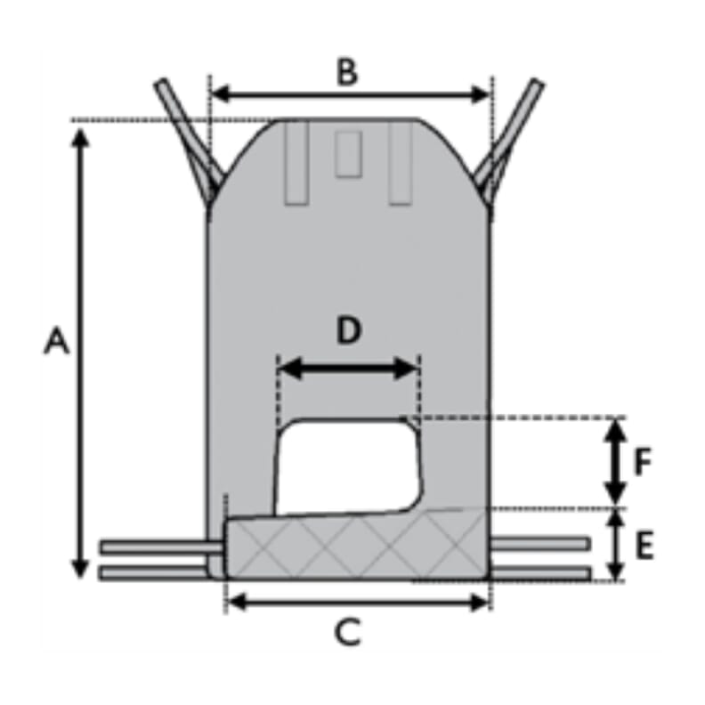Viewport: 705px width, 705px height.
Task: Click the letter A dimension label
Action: pyautogui.click(x=57, y=341)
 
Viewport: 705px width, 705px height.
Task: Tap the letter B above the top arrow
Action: pyautogui.click(x=347, y=72)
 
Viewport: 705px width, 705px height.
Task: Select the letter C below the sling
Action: pyautogui.click(x=348, y=632)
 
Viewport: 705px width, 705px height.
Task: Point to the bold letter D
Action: pyautogui.click(x=349, y=330)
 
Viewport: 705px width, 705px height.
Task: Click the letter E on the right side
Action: pyautogui.click(x=644, y=546)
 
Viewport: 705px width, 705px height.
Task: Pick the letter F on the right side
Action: pyautogui.click(x=643, y=462)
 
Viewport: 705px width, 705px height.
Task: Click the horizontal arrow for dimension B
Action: pyautogui.click(x=350, y=94)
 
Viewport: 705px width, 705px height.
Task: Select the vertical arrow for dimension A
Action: pyautogui.click(x=80, y=353)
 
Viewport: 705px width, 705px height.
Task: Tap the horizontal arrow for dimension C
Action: pyautogui.click(x=358, y=602)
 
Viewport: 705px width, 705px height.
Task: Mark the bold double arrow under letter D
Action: pyautogui.click(x=349, y=369)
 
